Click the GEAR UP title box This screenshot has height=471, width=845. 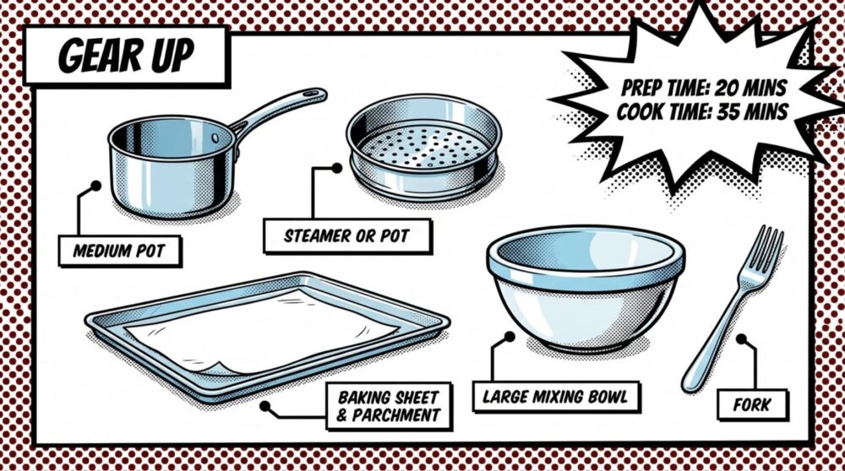pos(125,55)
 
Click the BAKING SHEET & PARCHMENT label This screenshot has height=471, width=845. pos(388,404)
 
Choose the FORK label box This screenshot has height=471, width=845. pos(751,405)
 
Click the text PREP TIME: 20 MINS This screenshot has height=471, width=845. pos(704,87)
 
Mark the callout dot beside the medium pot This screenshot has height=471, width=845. pos(95,185)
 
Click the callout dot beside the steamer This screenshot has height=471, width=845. pos(336,168)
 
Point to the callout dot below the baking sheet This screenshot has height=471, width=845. pos(264,405)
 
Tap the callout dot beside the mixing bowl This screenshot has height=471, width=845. pos(510,336)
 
